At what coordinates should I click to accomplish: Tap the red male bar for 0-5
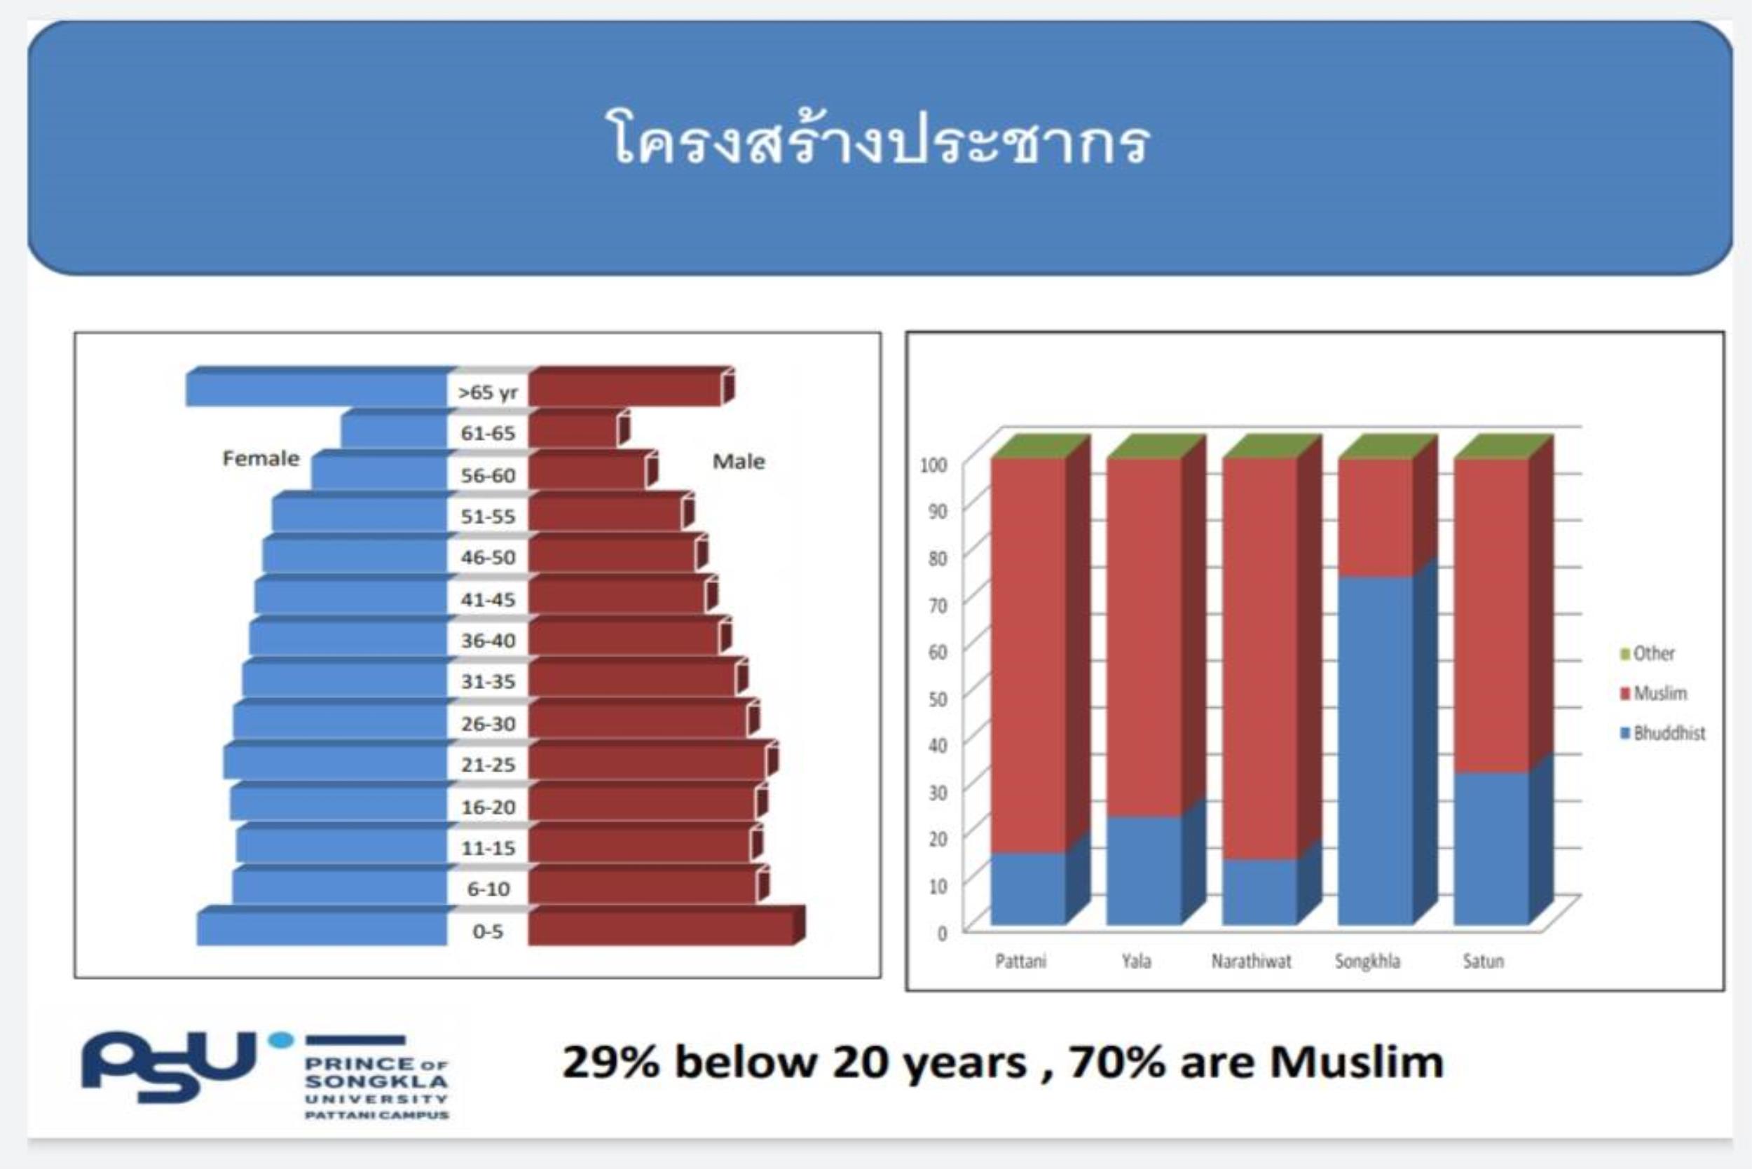[666, 926]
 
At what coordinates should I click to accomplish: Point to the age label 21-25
[488, 764]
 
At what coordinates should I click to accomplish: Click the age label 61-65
[488, 432]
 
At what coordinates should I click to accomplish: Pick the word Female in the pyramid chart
[261, 458]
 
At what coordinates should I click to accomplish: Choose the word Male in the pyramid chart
[738, 461]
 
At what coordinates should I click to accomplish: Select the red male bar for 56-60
[593, 470]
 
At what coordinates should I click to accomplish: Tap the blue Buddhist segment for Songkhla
[1376, 750]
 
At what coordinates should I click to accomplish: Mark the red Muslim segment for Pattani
[1028, 655]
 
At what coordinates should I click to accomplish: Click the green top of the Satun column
[1503, 446]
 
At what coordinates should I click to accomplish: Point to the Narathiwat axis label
[1251, 961]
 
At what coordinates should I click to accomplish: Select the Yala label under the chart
[1136, 961]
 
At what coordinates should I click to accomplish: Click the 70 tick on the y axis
[937, 605]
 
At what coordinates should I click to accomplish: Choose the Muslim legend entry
[1653, 693]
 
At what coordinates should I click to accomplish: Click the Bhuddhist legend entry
[1662, 734]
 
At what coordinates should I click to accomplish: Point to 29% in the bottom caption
[610, 1062]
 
